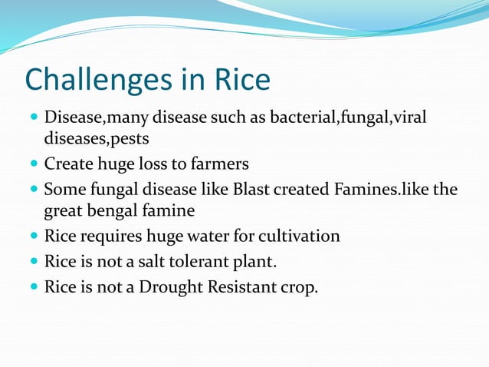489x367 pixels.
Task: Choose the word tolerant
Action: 203,263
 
